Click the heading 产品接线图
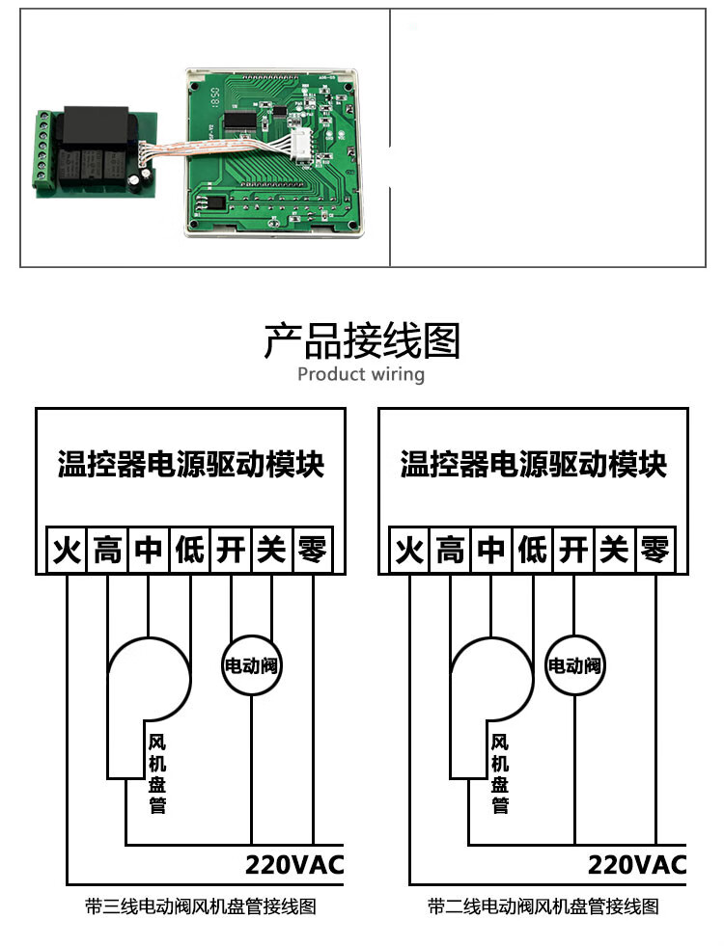point(362,340)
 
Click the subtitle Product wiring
point(361,374)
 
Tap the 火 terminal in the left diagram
point(67,551)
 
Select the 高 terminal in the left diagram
point(107,551)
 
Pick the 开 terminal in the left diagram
point(230,551)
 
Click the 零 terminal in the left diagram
point(312,551)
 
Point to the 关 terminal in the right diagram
point(614,551)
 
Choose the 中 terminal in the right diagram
point(491,551)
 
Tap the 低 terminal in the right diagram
point(532,551)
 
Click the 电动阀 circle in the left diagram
point(252,665)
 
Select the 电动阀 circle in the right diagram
point(574,665)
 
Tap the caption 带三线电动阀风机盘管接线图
point(201,906)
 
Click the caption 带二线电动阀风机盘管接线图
point(543,906)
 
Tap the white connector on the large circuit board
point(301,149)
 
